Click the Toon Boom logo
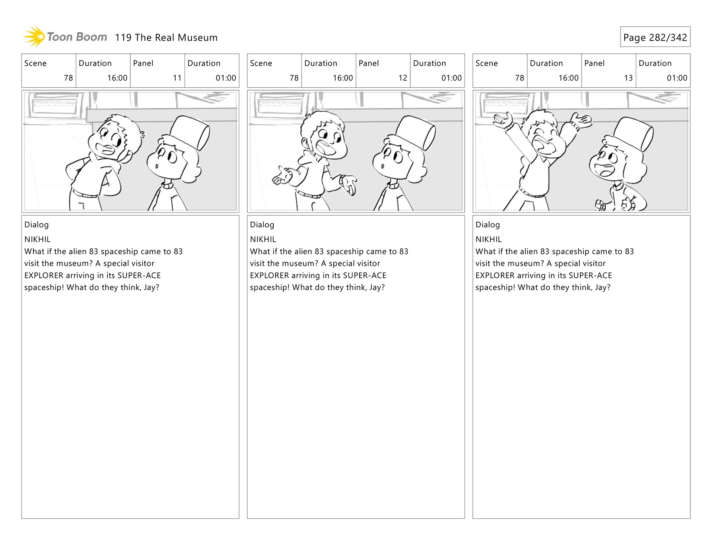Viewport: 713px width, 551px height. (x=65, y=37)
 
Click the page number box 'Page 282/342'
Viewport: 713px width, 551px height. (x=655, y=37)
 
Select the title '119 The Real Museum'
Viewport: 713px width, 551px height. (x=166, y=38)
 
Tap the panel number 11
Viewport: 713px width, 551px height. (x=177, y=78)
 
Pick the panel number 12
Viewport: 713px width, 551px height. (x=403, y=78)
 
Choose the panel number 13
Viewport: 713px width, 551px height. (x=628, y=78)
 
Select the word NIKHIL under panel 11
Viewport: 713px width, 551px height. (x=37, y=239)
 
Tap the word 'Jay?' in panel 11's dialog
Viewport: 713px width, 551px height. (x=152, y=288)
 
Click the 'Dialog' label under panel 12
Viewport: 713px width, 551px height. (x=262, y=225)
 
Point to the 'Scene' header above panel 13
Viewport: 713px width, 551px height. (x=486, y=63)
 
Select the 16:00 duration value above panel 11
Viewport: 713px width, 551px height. (x=117, y=78)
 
